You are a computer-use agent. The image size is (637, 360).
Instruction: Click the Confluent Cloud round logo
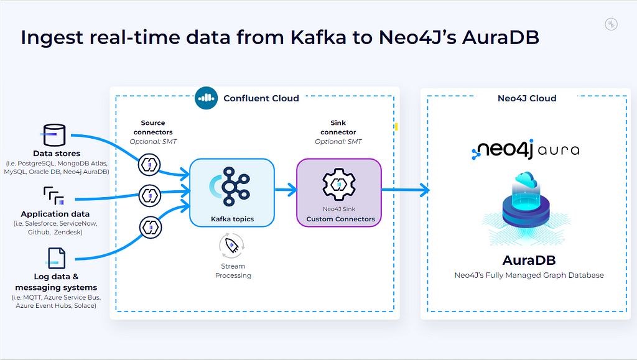(x=206, y=98)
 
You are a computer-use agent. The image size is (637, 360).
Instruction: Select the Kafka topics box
(x=232, y=192)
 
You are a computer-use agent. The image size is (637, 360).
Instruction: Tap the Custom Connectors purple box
(x=339, y=192)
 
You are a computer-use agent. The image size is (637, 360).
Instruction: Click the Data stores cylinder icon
(x=53, y=135)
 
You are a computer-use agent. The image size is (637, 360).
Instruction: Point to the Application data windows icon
(x=54, y=196)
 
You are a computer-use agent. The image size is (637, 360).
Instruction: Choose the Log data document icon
(x=55, y=258)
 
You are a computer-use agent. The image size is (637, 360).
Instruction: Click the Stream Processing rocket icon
(x=232, y=246)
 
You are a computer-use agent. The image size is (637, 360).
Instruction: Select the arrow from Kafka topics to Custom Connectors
(x=286, y=190)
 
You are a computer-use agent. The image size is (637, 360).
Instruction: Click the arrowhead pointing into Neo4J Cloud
(x=424, y=190)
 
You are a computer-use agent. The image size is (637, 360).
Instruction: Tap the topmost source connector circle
(x=149, y=165)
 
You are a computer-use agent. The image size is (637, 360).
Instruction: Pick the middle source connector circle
(x=150, y=196)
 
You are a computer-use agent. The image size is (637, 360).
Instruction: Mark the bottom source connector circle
(x=151, y=228)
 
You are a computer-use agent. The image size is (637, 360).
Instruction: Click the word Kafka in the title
(x=318, y=37)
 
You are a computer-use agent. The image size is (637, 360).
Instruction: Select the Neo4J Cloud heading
(x=527, y=98)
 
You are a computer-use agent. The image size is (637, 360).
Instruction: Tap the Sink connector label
(x=338, y=127)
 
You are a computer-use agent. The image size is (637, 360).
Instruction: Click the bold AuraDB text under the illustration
(x=529, y=260)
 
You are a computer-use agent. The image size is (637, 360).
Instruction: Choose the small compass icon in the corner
(x=611, y=24)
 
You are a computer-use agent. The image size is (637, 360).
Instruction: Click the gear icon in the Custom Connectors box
(x=339, y=185)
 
